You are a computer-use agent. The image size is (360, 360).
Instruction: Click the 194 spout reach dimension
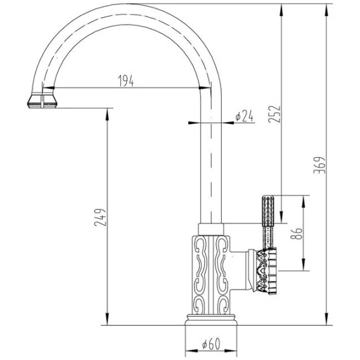[x=125, y=80]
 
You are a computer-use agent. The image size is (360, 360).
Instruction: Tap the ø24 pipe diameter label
[x=244, y=116]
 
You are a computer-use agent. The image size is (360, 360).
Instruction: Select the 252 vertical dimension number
[x=274, y=114]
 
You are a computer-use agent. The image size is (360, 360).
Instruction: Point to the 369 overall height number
[x=319, y=165]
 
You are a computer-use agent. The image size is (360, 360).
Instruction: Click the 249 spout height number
[x=100, y=217]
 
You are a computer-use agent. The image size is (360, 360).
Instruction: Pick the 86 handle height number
[x=297, y=233]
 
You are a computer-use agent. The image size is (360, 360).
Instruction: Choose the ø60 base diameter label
[x=211, y=344]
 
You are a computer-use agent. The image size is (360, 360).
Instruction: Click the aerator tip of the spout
[x=42, y=101]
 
